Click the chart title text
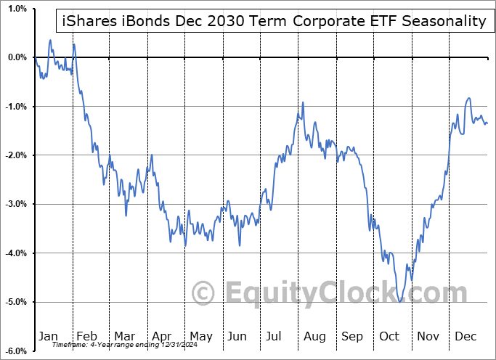(272, 21)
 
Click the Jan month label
(48, 336)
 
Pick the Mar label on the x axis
(123, 336)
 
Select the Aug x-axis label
(314, 336)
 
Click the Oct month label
(390, 336)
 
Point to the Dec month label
(465, 336)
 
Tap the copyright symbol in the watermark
(203, 293)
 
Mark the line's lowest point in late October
(400, 301)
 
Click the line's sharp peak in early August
(303, 103)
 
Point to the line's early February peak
(73, 45)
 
